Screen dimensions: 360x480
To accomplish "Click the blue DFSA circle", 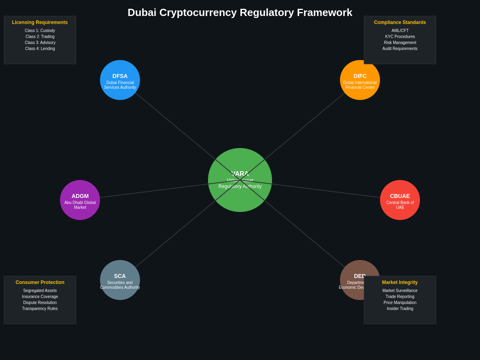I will click(x=120, y=80).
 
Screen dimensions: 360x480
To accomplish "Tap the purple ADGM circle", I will click(x=80, y=200).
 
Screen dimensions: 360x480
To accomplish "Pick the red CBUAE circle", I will click(x=400, y=200).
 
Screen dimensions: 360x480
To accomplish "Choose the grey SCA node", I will click(x=120, y=280).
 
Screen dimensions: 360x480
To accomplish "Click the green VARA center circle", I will click(x=240, y=196).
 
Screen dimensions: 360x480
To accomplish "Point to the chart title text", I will click(x=240, y=12).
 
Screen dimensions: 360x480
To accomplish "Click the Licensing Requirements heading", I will click(x=40, y=22).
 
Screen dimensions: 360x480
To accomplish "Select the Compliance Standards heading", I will click(x=400, y=22).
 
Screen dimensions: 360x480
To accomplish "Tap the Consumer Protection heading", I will click(x=40, y=282).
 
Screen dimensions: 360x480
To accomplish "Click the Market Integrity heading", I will click(x=400, y=282).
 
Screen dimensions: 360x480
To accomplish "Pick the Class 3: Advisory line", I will click(x=40, y=43).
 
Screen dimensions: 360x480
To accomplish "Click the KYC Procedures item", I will click(x=400, y=37).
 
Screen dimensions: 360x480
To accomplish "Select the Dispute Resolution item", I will click(x=40, y=303).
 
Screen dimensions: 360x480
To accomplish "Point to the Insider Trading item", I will click(x=400, y=309).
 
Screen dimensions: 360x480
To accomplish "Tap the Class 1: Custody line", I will click(x=40, y=31).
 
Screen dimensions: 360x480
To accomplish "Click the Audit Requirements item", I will click(x=400, y=49).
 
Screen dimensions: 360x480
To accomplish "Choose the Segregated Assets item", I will click(x=40, y=291).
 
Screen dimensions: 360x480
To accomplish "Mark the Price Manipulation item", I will click(x=400, y=303).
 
